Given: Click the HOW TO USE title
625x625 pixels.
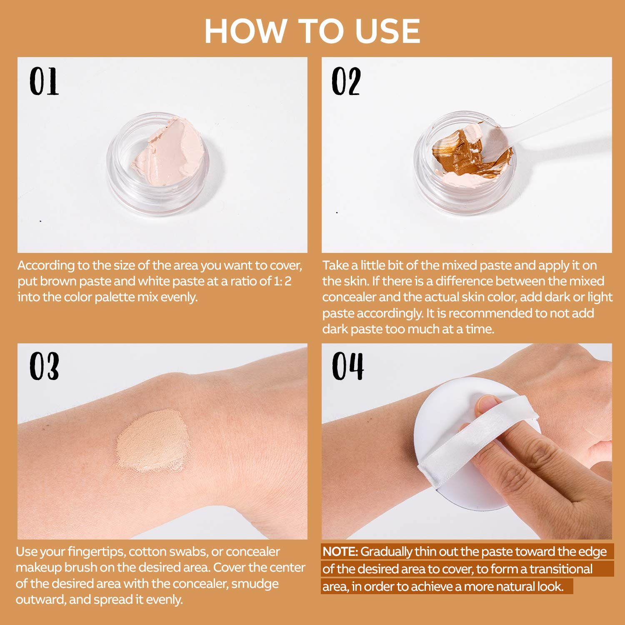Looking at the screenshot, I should pyautogui.click(x=312, y=31).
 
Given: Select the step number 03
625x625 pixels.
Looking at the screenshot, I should pyautogui.click(x=44, y=366).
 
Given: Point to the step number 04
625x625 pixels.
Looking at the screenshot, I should pyautogui.click(x=347, y=366).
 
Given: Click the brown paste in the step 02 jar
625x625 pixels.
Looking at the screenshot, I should pyautogui.click(x=456, y=152).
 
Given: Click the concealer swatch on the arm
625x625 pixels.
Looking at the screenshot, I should pyautogui.click(x=152, y=442).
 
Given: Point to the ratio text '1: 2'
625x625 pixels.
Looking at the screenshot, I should pyautogui.click(x=282, y=281).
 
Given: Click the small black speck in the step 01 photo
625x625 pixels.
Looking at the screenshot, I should pyautogui.click(x=40, y=221).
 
